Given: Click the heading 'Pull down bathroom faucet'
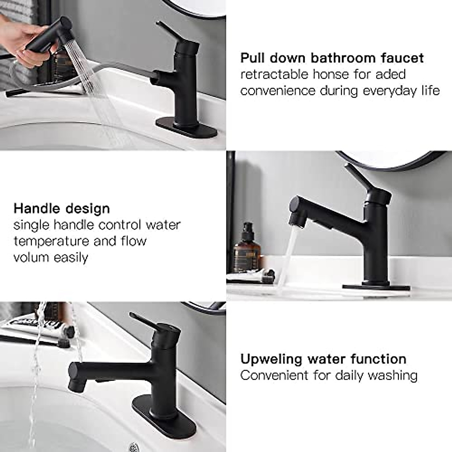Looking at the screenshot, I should [332, 58].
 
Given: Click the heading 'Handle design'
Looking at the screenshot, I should [62, 208].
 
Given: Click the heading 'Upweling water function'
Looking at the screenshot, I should [323, 359].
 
